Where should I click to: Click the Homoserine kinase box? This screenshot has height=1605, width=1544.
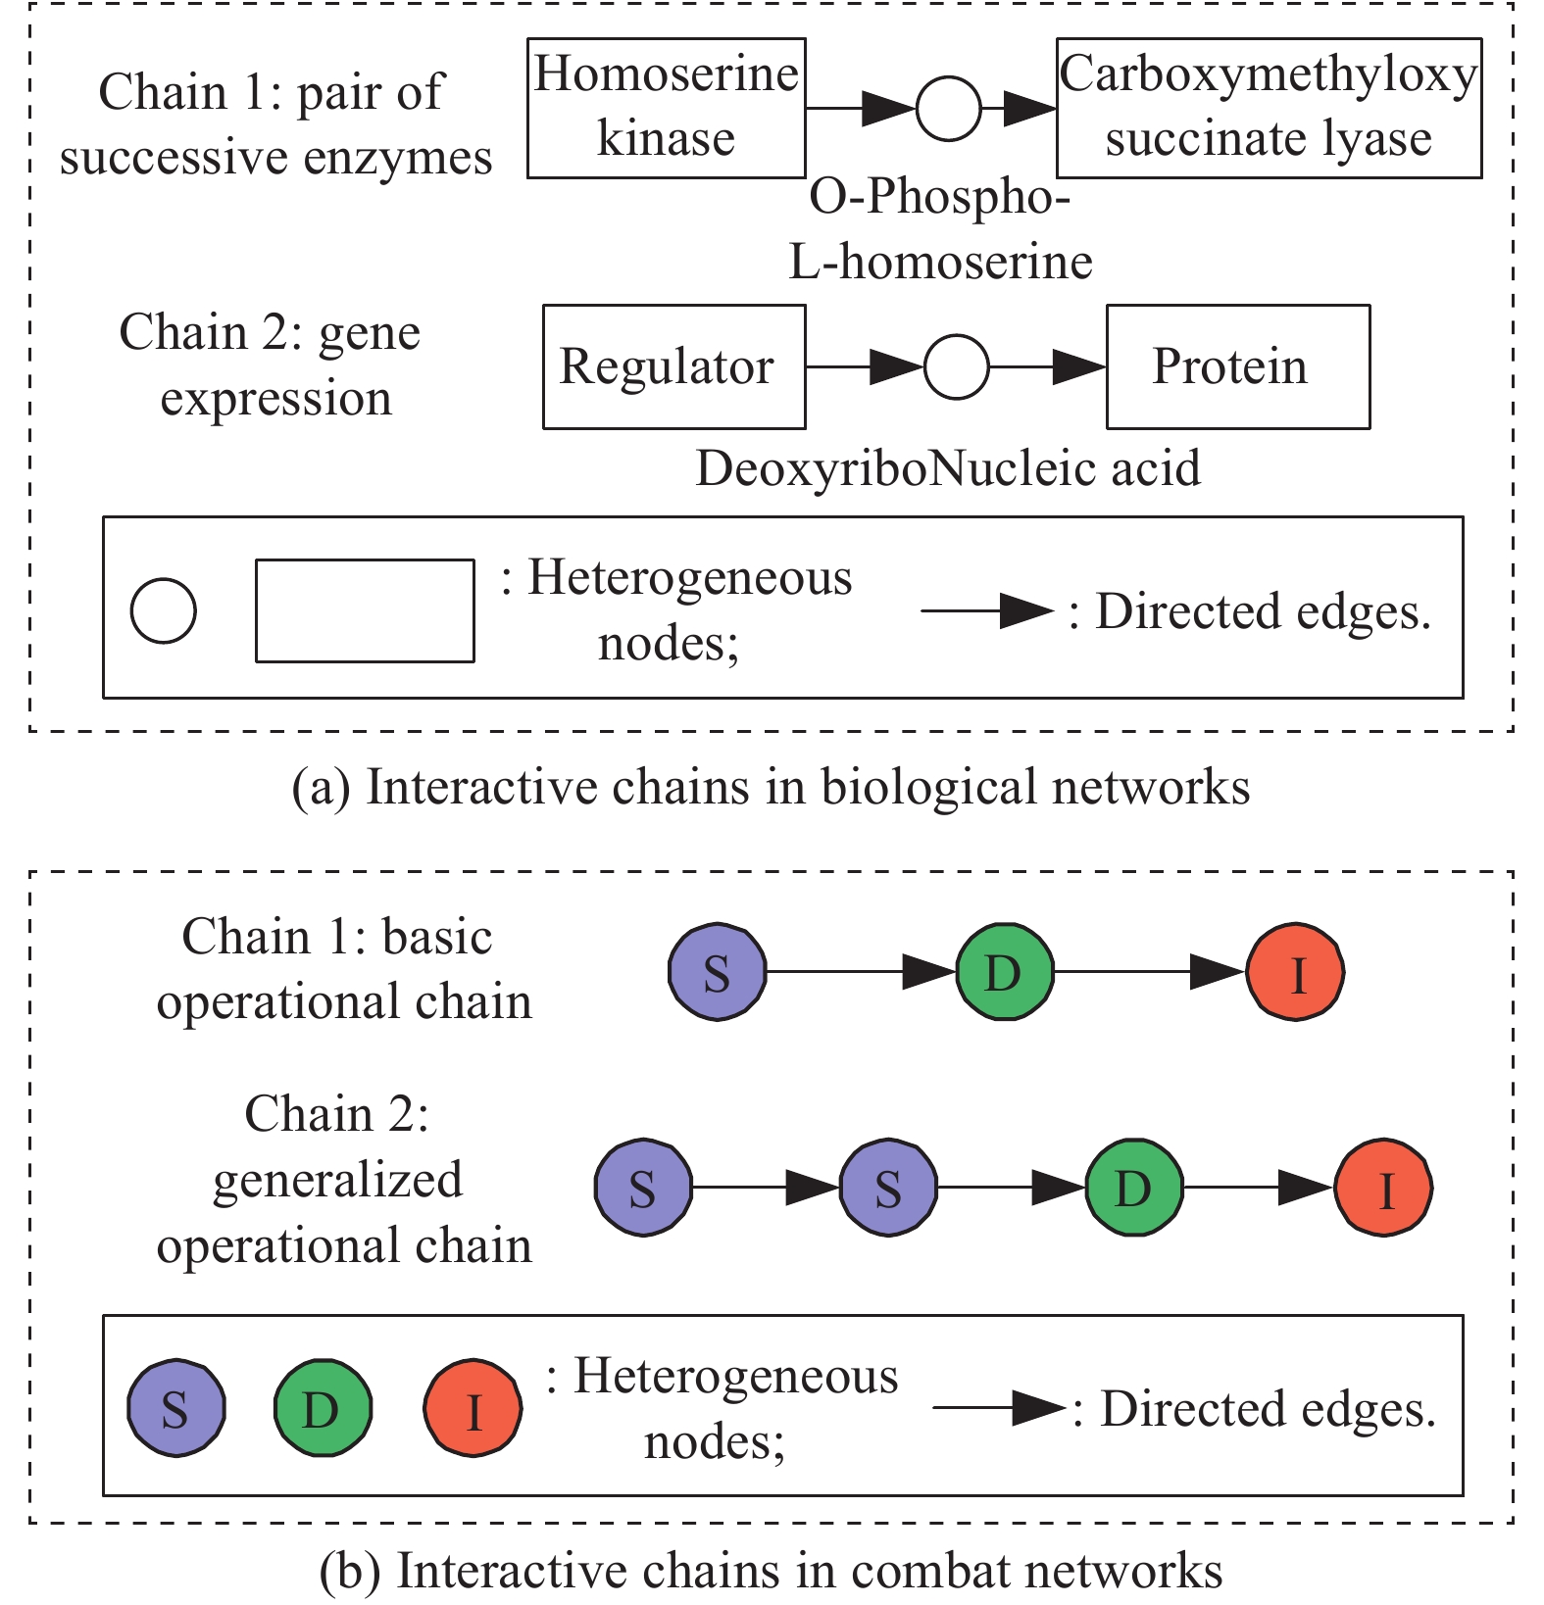tap(667, 108)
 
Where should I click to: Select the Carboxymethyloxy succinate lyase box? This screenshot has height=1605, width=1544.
tap(1269, 108)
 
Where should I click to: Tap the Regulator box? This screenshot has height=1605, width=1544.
tap(674, 366)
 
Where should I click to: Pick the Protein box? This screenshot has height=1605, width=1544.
tap(1238, 366)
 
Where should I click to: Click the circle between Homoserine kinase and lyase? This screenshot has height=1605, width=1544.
tap(948, 108)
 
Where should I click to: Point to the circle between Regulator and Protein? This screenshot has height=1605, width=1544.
tap(957, 366)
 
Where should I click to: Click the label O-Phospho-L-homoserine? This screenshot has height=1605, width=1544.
tap(941, 229)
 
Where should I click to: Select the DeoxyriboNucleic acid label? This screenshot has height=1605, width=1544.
tap(948, 468)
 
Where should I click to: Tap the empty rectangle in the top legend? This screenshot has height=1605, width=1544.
tap(365, 610)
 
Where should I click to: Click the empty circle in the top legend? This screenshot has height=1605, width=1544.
tap(164, 610)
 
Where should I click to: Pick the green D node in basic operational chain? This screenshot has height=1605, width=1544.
tap(1005, 972)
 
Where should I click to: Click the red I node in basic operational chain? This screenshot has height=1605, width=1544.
tap(1295, 972)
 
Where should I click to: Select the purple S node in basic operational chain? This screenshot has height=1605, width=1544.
tap(717, 972)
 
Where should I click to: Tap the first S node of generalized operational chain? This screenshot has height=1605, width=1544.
tap(643, 1188)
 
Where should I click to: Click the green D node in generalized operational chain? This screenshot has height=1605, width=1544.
tap(1134, 1188)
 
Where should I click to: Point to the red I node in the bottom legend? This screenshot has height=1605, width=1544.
tap(473, 1409)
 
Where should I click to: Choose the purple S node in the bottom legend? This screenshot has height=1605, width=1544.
tap(176, 1409)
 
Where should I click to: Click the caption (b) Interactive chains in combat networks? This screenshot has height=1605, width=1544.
tap(771, 1570)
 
